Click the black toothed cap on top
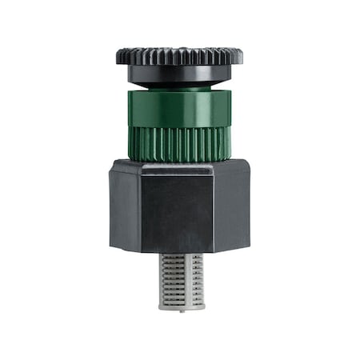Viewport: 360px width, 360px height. click(x=179, y=56)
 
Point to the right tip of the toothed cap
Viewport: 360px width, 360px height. click(x=242, y=56)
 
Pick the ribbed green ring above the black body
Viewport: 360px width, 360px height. click(x=179, y=142)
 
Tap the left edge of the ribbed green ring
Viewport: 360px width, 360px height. click(x=129, y=142)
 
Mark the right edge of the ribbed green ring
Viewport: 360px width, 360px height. click(x=231, y=142)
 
